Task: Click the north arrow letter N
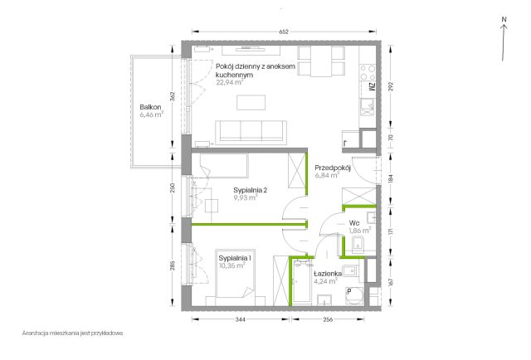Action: point(504,20)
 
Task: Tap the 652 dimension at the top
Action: point(284,32)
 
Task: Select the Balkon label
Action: point(150,107)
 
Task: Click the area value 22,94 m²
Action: point(230,82)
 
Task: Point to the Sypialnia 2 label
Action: point(251,190)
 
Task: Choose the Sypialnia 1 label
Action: point(235,258)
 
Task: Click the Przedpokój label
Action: point(333,168)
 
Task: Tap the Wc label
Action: point(354,223)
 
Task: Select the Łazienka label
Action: point(328,274)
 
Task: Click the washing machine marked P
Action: point(354,296)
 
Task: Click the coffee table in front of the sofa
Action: point(251,103)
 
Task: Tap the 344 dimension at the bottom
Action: point(241,319)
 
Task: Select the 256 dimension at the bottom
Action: point(329,319)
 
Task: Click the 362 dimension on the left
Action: point(172,97)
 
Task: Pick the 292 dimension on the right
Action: point(391,87)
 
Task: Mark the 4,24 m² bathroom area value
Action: point(325,281)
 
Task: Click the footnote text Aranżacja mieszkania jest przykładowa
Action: point(72,333)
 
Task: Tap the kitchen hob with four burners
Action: point(368,73)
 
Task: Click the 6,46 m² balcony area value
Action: point(151,114)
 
